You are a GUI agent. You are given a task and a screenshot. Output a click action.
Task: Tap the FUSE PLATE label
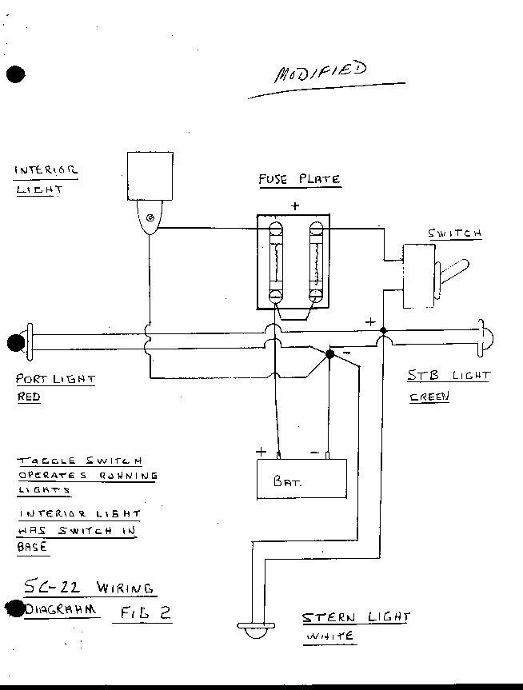299,178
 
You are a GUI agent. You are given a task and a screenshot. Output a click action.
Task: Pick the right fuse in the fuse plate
316,261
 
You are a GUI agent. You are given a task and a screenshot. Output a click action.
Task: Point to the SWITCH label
454,233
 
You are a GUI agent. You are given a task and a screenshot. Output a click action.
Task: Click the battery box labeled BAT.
301,479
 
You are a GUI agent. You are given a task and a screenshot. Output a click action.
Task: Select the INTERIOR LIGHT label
46,179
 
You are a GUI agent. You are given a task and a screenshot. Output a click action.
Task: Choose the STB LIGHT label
448,375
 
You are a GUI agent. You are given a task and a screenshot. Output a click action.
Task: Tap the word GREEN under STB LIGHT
429,397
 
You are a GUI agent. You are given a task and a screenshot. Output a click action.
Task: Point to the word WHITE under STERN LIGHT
329,637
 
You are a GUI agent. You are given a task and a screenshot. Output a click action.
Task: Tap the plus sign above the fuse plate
295,205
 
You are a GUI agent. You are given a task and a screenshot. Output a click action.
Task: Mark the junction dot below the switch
383,329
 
